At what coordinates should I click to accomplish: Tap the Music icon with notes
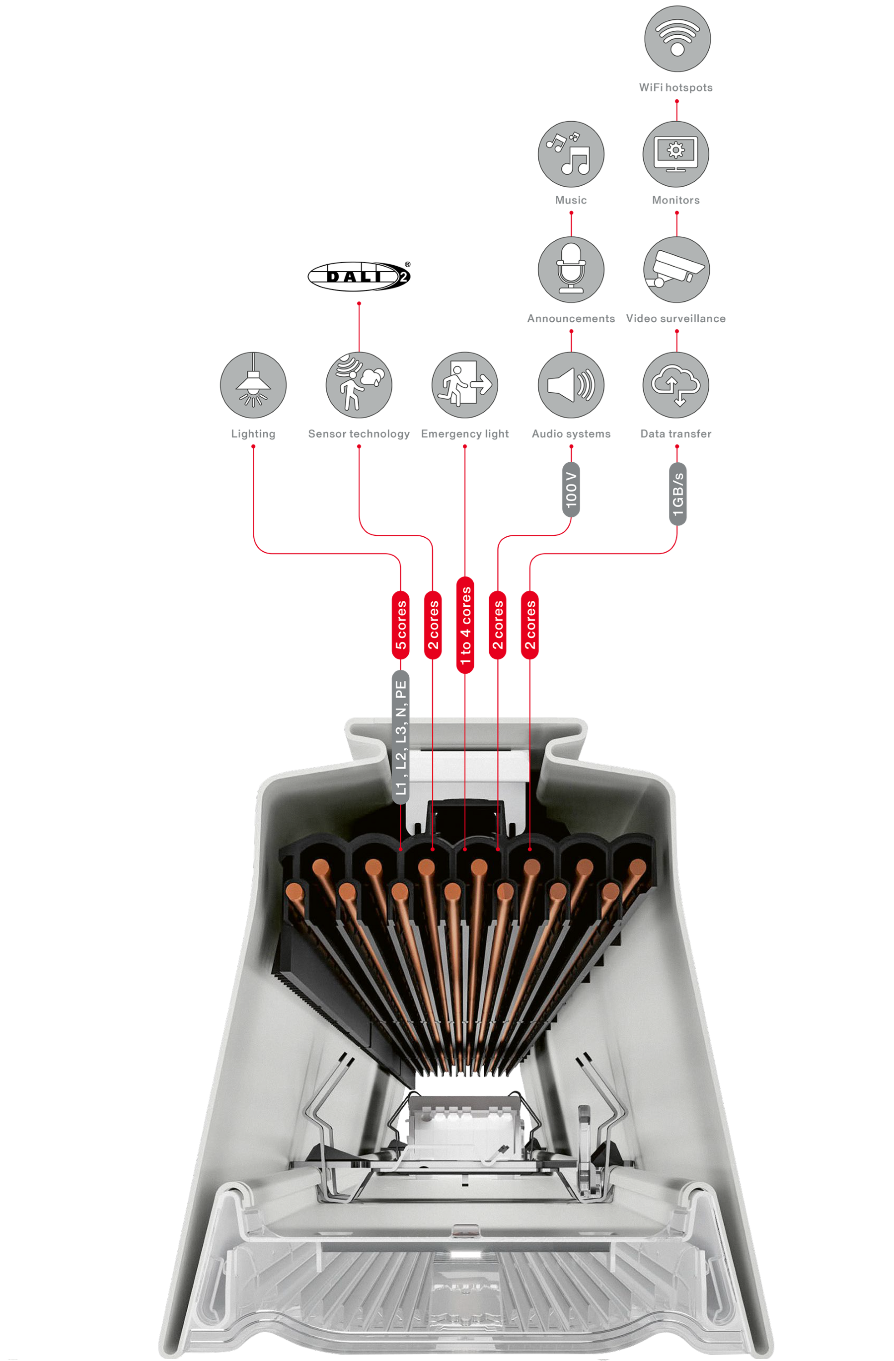click(570, 154)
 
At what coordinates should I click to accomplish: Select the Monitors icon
click(675, 154)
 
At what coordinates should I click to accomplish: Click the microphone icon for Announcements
click(570, 269)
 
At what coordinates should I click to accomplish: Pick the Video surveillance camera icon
click(676, 269)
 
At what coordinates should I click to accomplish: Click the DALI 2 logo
click(359, 276)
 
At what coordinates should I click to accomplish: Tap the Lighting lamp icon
click(253, 385)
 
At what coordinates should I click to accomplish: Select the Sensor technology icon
click(359, 385)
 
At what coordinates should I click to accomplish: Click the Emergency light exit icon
click(464, 385)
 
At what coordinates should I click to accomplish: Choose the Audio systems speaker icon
click(570, 385)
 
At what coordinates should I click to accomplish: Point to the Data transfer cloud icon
click(675, 385)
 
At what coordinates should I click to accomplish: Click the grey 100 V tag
click(571, 490)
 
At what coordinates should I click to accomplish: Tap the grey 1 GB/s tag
click(677, 494)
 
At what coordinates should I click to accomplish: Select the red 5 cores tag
click(400, 625)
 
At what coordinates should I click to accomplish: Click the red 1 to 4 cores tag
click(465, 625)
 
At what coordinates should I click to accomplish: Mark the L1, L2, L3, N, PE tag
click(400, 737)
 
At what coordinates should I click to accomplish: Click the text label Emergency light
click(464, 433)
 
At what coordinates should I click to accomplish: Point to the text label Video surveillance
click(675, 318)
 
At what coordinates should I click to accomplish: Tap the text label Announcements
click(571, 318)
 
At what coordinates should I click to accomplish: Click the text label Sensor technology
click(359, 433)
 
